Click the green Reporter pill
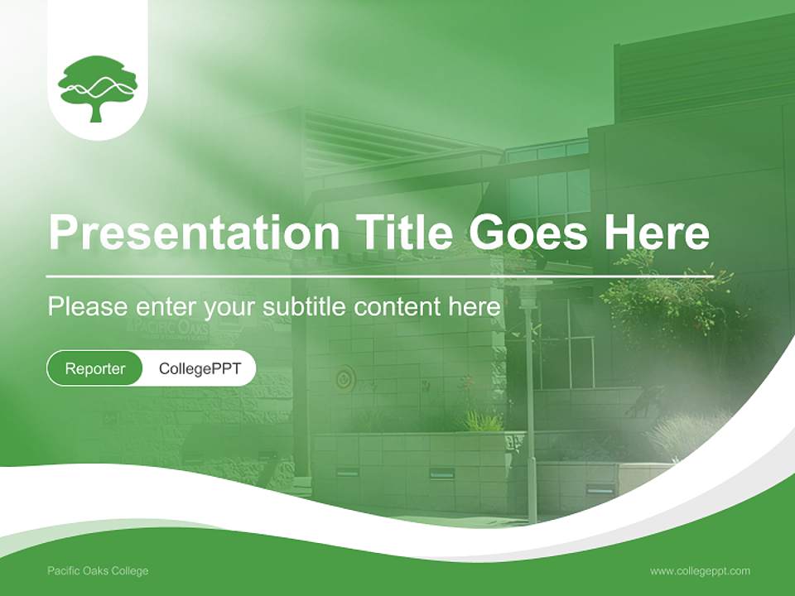94,368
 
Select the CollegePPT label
200,368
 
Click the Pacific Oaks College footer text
98,570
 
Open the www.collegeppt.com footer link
700,570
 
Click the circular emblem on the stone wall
344,380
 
